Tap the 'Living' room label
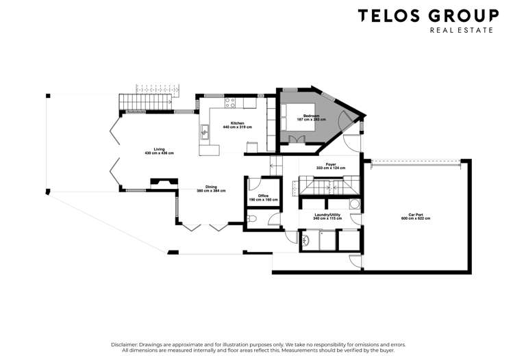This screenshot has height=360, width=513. point(159,149)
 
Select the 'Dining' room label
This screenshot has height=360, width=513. point(211,187)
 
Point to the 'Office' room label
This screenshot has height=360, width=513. point(262,196)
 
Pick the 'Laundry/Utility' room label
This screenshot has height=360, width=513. point(327,214)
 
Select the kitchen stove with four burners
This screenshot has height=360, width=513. point(231,103)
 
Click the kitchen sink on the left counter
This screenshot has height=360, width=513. point(204,129)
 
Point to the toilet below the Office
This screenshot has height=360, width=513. point(253,218)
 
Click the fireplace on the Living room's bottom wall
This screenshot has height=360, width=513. point(162,182)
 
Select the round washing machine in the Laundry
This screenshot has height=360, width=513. point(354,203)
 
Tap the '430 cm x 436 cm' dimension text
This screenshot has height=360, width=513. point(159,153)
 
